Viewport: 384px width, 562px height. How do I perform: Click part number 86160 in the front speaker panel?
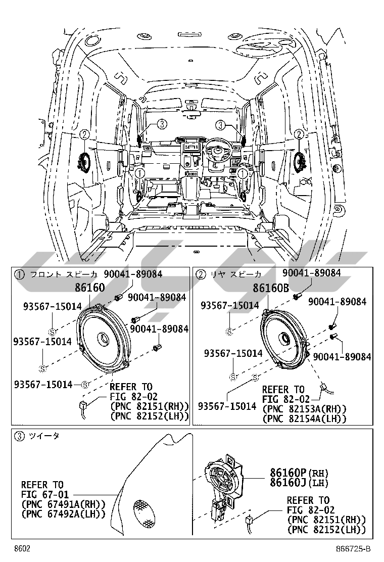pyautogui.click(x=89, y=288)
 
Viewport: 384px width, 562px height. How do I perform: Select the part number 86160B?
pyautogui.click(x=271, y=288)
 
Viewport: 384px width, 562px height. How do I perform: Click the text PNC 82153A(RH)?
pyautogui.click(x=304, y=409)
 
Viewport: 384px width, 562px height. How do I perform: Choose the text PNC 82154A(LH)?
pyautogui.click(x=304, y=418)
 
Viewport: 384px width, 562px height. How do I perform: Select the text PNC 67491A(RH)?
pyautogui.click(x=63, y=504)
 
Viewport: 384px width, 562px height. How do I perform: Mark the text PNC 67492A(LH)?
pyautogui.click(x=63, y=514)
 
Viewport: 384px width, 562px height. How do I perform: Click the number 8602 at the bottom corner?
pyautogui.click(x=22, y=549)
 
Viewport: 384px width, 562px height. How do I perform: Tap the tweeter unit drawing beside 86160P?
pyautogui.click(x=222, y=481)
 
